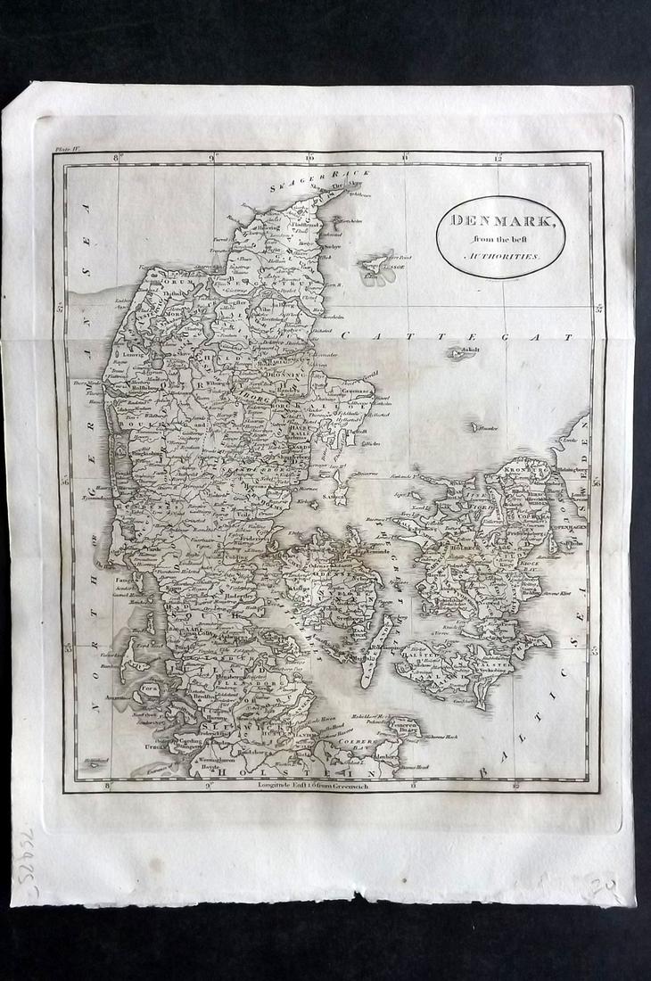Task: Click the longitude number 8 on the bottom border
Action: pos(107,786)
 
